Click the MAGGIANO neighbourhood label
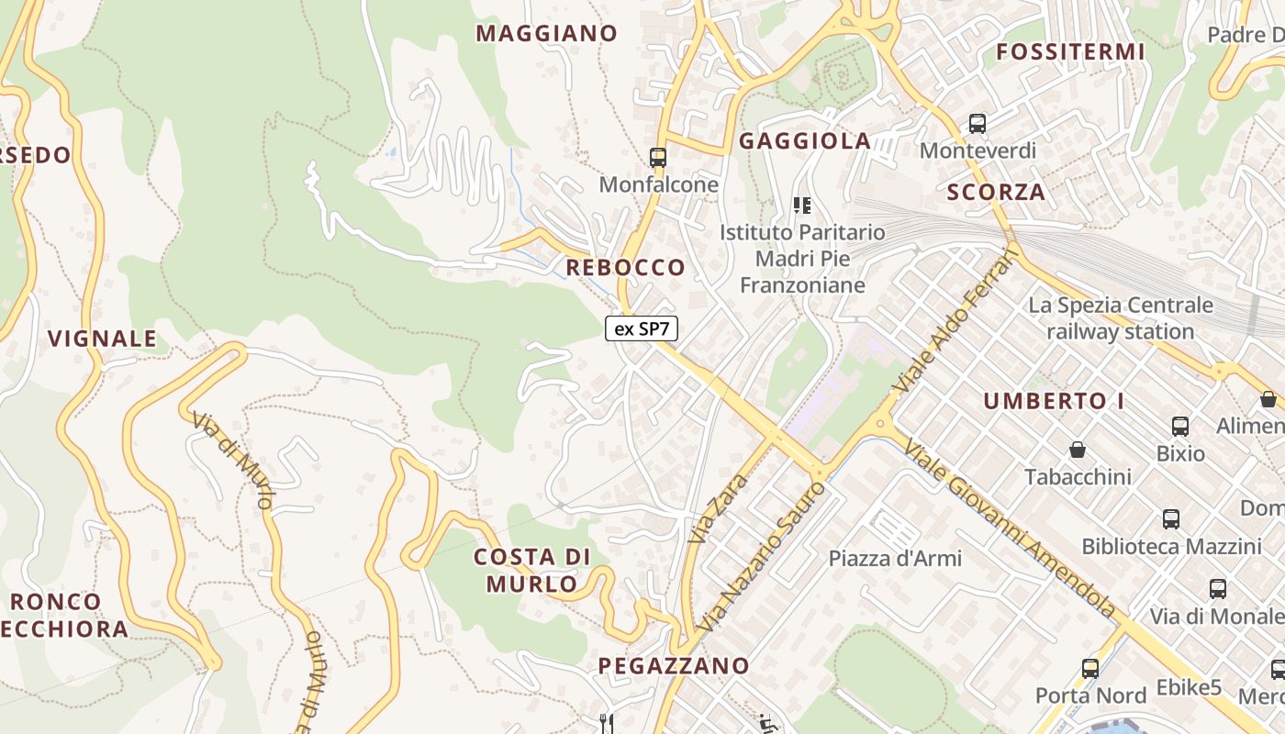[x=546, y=34]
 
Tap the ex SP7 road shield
[x=641, y=328]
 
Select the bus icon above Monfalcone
[x=657, y=157]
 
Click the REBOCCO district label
[x=625, y=268]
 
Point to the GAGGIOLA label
[x=805, y=141]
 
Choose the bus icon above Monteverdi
[x=978, y=123]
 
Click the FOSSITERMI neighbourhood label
[x=1070, y=52]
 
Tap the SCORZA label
[x=996, y=193]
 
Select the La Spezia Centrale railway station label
[x=1121, y=318]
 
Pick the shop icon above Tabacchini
[x=1078, y=450]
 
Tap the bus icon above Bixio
[x=1180, y=426]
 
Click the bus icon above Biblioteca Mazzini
[x=1171, y=518]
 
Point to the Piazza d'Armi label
[x=895, y=558]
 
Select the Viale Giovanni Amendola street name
[x=1010, y=529]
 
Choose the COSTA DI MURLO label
[x=531, y=570]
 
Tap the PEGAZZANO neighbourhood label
[x=674, y=666]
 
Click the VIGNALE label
[x=102, y=339]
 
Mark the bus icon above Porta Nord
[x=1090, y=668]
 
